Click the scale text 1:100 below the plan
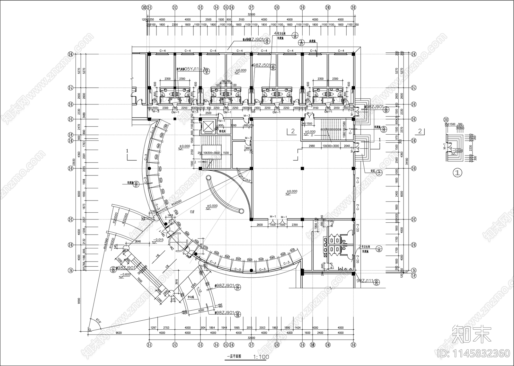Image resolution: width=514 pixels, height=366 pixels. tap(261, 357)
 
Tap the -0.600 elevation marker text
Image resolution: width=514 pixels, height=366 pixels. tap(126, 274)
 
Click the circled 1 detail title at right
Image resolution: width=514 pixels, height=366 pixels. tap(457, 173)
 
